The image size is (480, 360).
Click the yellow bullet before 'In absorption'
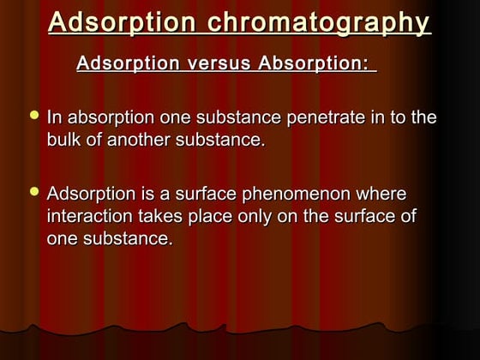(34, 115)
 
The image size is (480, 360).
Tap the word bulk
(65, 139)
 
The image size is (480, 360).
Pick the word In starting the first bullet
(54, 117)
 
